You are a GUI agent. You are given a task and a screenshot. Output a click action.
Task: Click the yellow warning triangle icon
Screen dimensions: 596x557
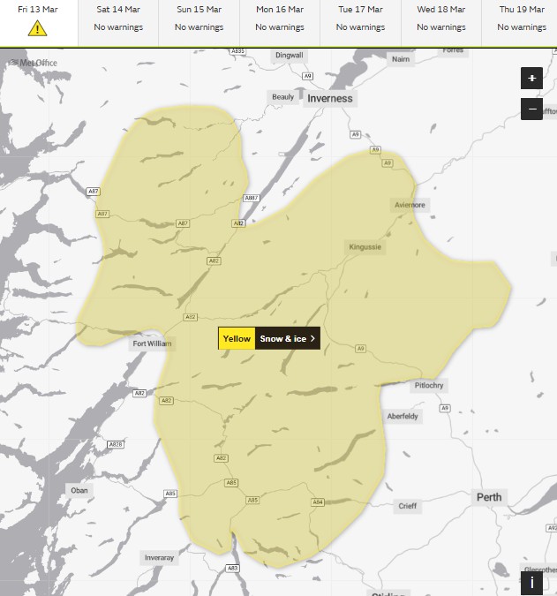click(x=37, y=28)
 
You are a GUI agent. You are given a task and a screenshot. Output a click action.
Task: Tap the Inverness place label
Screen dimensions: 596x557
click(x=329, y=99)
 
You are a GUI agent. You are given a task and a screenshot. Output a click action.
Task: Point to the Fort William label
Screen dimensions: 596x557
click(x=153, y=343)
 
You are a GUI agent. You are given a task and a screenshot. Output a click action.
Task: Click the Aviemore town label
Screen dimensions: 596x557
click(x=409, y=205)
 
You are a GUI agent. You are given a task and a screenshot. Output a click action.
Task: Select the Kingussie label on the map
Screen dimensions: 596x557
click(x=365, y=247)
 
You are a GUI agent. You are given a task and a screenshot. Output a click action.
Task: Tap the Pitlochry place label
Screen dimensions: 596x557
click(x=429, y=386)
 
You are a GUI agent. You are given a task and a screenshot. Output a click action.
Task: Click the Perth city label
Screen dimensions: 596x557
click(x=489, y=497)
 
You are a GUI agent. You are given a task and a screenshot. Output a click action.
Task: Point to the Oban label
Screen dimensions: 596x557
click(x=79, y=490)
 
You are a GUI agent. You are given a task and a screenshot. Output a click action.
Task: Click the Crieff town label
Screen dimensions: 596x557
click(x=407, y=506)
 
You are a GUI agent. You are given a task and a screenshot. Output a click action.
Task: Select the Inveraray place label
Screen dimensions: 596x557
click(x=159, y=558)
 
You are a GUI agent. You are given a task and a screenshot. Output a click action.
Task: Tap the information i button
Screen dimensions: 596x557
click(x=531, y=583)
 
